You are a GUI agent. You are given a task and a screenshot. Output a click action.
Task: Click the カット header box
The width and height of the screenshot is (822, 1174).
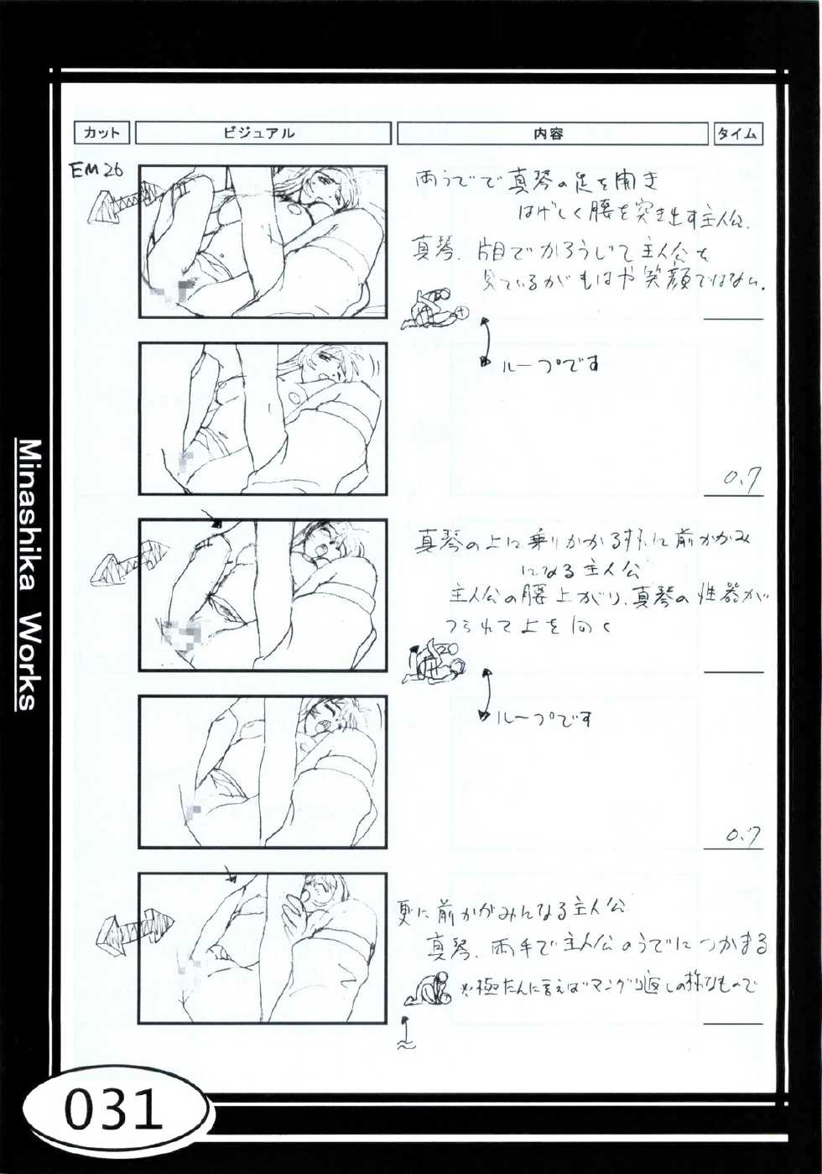click(x=102, y=133)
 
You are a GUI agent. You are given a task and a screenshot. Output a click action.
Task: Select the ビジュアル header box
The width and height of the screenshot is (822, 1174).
click(x=263, y=133)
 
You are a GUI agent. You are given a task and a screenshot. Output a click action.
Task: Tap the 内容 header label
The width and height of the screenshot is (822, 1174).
click(x=551, y=133)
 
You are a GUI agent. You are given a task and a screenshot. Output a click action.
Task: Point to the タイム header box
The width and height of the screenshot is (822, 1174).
click(x=738, y=133)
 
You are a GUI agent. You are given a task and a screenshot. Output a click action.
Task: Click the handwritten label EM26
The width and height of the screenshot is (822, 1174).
click(x=96, y=171)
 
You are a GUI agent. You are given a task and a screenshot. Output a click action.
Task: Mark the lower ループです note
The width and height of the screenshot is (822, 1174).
click(x=546, y=719)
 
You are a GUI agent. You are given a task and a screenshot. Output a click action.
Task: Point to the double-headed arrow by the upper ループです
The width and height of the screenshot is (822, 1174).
click(x=486, y=342)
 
